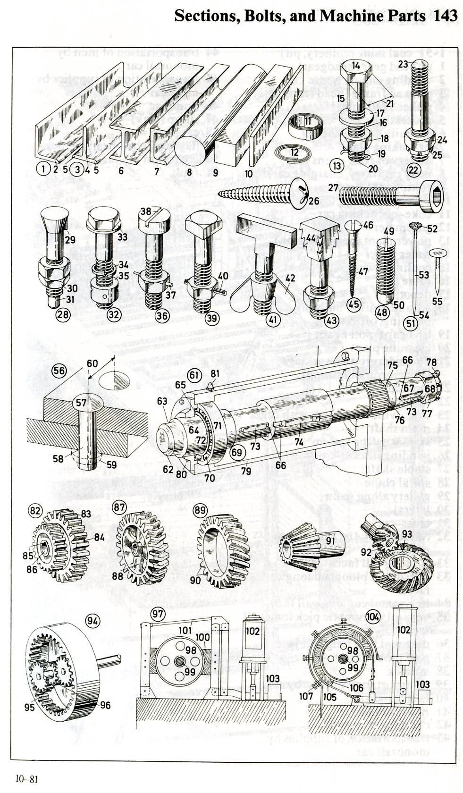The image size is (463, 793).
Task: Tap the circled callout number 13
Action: (337, 166)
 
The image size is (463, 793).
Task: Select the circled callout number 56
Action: (59, 371)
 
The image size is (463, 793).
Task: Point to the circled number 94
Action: (93, 621)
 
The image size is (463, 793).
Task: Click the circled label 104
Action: (373, 616)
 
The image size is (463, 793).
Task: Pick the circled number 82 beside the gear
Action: (35, 511)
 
